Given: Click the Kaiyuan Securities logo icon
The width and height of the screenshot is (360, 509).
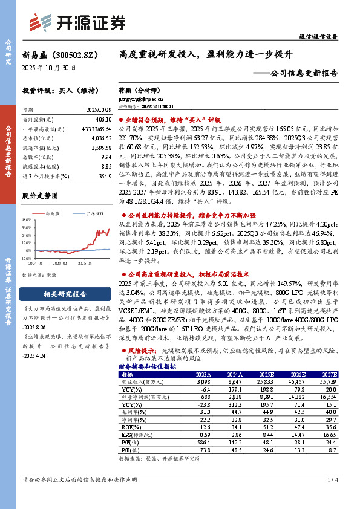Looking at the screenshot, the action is point(41,22).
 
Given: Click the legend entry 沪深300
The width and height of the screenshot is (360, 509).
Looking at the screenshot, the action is point(94,213).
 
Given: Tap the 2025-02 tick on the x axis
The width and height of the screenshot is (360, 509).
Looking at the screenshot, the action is point(59,263).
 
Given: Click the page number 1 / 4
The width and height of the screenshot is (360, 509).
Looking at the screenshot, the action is point(332,496).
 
